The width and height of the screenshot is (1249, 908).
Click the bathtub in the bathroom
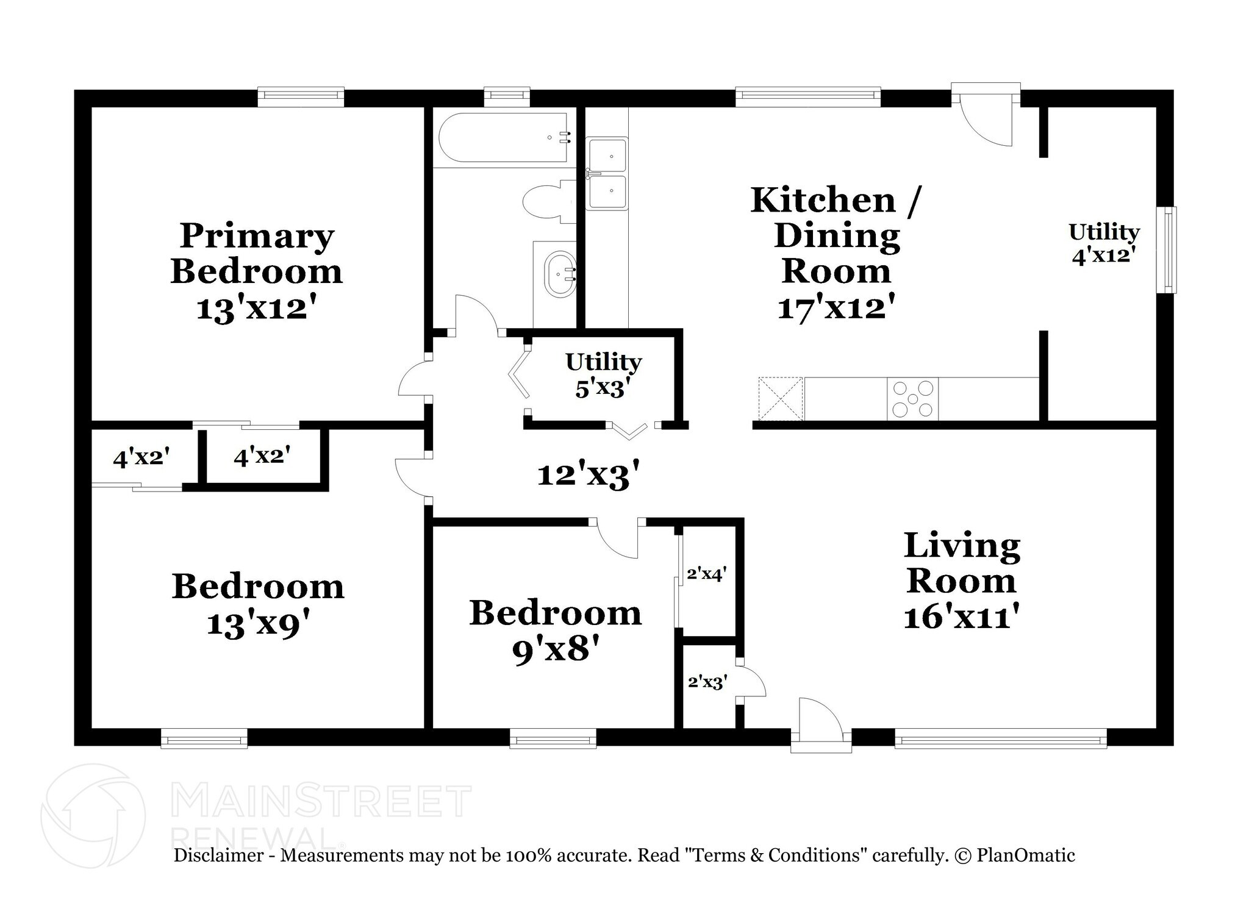point(503,138)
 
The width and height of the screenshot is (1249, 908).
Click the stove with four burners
point(912,399)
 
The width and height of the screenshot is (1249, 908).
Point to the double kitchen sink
point(606,174)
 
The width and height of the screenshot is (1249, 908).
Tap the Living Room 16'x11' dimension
point(962,617)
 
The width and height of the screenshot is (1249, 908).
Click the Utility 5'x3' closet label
point(603,374)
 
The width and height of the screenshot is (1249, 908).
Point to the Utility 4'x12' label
point(1104,243)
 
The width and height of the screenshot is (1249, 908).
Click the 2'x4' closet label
point(706,574)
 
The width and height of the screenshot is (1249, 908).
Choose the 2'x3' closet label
point(707,682)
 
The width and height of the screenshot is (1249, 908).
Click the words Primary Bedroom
point(257,254)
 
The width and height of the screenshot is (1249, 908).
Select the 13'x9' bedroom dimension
point(259,624)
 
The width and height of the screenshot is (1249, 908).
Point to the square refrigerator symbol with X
point(780,399)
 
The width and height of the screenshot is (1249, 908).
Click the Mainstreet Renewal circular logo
point(93,815)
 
